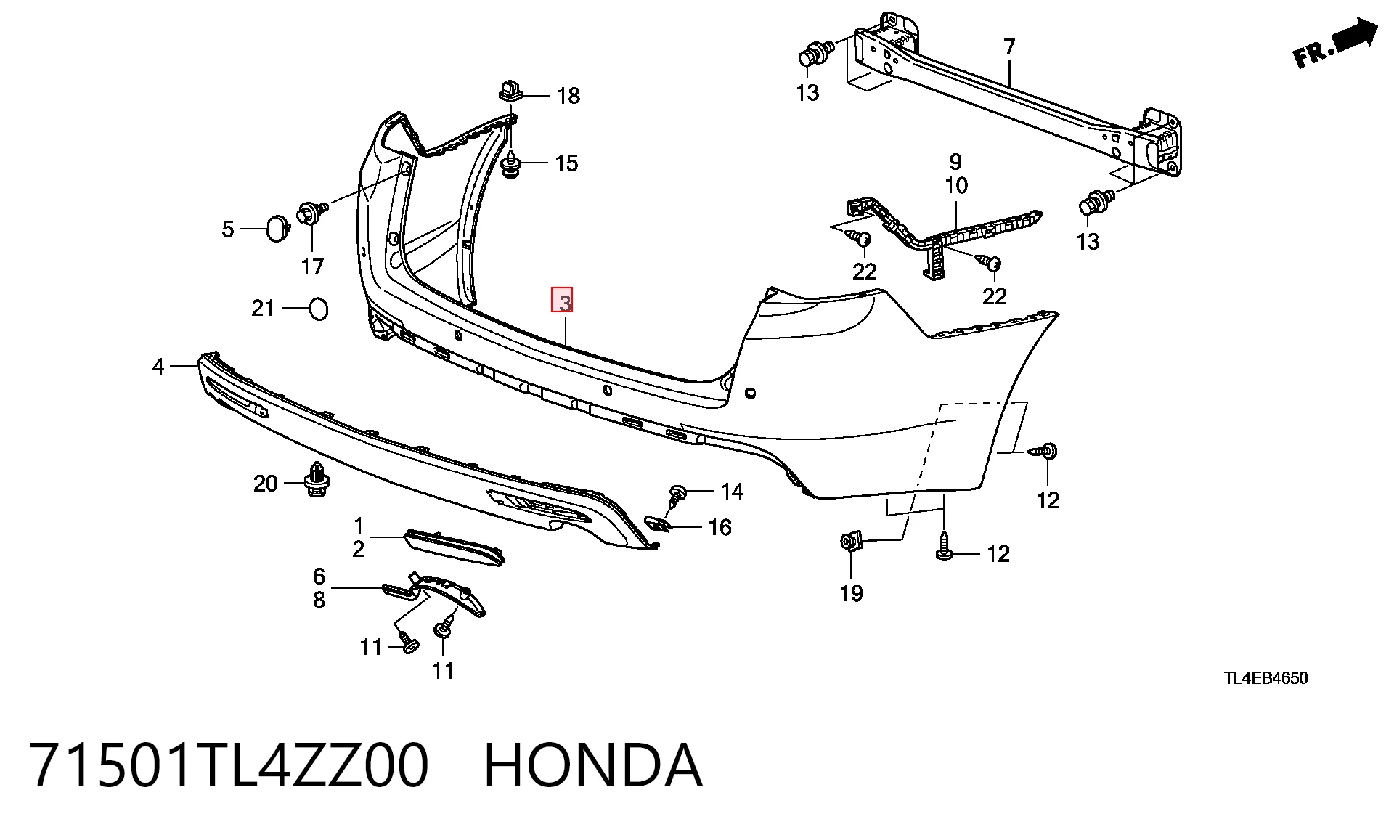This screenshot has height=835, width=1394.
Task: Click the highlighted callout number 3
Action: coord(563,300)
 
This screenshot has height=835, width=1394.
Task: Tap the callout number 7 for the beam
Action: coord(1009,47)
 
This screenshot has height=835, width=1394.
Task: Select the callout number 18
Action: coord(568,96)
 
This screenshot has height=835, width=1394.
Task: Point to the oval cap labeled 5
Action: coord(277,227)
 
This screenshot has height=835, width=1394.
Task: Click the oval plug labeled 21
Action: coord(319,309)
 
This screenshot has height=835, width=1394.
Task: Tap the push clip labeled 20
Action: coord(316,479)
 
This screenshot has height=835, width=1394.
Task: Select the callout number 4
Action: coord(158,367)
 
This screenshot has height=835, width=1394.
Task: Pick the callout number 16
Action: coord(720,527)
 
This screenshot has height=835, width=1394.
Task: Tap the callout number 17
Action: coord(312,266)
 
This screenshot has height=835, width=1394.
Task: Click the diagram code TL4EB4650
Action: coord(1265,678)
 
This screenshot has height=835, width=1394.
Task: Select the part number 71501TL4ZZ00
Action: coord(230,765)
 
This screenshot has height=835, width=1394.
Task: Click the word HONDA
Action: coord(593,765)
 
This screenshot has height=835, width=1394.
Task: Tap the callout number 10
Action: coord(956,186)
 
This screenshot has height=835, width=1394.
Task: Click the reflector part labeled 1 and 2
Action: coord(454,547)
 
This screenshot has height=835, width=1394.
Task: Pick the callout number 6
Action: coord(319,577)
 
